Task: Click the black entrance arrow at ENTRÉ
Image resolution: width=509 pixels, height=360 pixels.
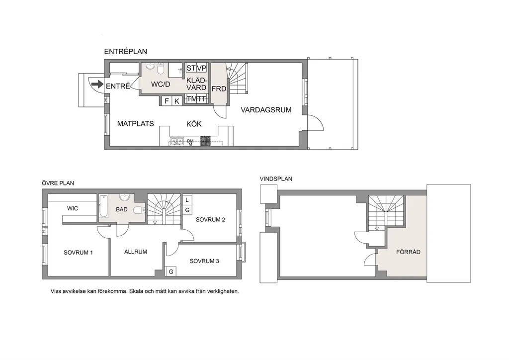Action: click(97, 85)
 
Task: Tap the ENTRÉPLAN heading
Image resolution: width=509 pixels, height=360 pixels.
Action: click(125, 52)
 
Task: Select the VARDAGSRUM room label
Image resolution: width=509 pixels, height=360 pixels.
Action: click(266, 110)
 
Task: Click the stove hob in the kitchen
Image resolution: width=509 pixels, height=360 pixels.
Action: click(205, 141)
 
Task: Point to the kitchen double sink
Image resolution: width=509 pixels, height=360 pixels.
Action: click(177, 141)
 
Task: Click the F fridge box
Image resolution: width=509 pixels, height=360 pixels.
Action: click(167, 101)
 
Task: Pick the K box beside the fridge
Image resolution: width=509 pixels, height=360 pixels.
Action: click(177, 101)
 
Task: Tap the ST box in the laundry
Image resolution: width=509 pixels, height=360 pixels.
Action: click(190, 68)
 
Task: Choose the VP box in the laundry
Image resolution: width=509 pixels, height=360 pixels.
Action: click(202, 68)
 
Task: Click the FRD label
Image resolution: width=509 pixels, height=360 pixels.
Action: click(219, 89)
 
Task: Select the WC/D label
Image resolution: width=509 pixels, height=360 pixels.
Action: click(161, 85)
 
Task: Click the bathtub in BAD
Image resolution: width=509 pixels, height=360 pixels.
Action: click(104, 206)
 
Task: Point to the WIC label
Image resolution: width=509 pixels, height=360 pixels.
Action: click(73, 208)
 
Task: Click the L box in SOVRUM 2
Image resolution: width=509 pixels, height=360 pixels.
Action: click(187, 200)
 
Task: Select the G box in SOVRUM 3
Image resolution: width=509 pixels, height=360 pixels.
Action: click(171, 271)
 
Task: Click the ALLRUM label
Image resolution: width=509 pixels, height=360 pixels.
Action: click(136, 252)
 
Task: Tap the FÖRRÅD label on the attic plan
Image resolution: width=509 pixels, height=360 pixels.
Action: click(408, 252)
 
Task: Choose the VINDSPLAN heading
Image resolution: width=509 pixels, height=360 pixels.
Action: click(276, 179)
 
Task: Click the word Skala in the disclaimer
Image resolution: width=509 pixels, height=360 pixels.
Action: click(136, 291)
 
